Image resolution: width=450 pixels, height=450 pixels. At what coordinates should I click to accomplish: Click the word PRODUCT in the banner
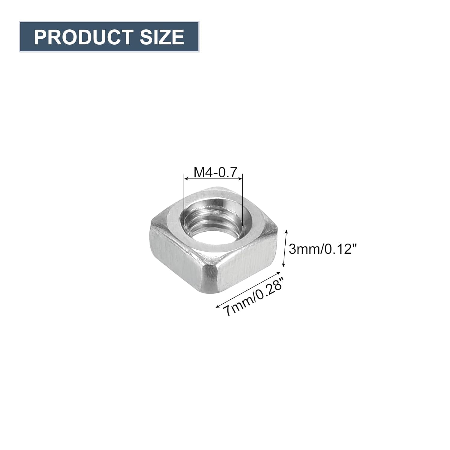[x=83, y=37]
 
